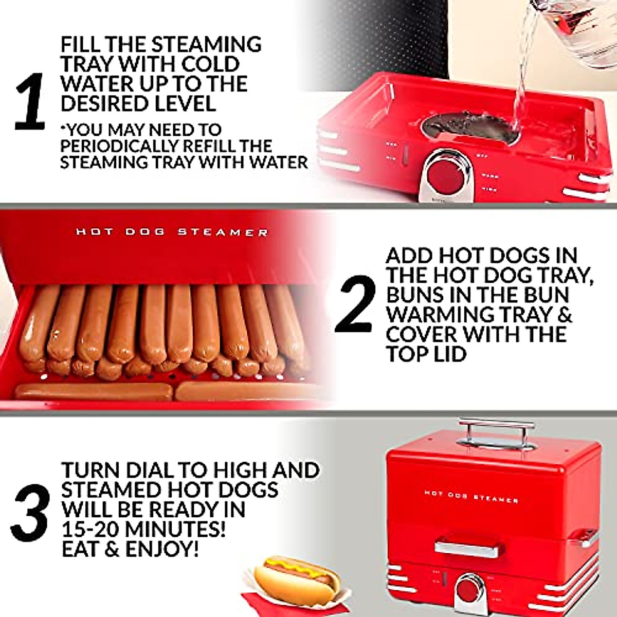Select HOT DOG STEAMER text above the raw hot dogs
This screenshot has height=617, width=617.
pyautogui.click(x=172, y=232)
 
